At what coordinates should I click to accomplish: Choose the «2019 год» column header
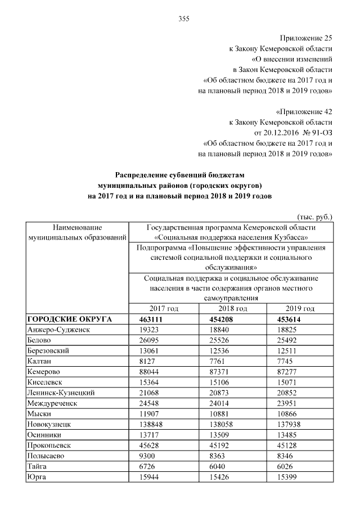(299, 309)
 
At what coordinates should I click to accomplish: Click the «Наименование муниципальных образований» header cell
(77, 232)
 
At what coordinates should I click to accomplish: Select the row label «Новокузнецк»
(49, 425)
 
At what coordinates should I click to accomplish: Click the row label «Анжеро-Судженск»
(59, 330)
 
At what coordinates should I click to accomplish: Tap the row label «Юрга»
(37, 477)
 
